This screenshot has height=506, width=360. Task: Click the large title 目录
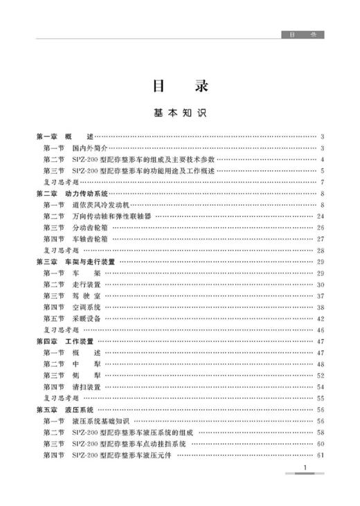coord(179,87)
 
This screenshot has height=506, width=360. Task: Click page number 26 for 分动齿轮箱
coord(321,227)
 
